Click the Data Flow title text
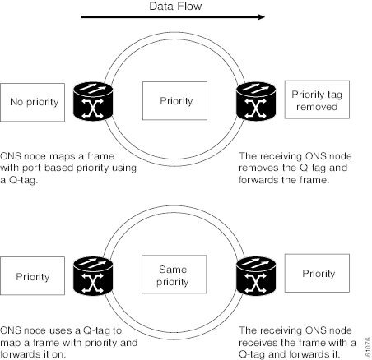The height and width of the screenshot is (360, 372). [x=175, y=6]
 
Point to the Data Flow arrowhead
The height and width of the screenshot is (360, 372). [x=262, y=17]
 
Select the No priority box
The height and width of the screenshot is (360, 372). [x=32, y=103]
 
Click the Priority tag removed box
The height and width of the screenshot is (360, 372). [x=317, y=99]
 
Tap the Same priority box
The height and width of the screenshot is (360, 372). [x=174, y=275]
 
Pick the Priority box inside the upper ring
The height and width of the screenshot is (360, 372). [x=174, y=101]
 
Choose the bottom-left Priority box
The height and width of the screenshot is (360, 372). [x=32, y=276]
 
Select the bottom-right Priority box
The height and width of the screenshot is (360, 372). [x=317, y=273]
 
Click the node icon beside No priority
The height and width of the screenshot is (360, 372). [x=93, y=102]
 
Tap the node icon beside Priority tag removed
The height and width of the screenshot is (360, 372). [x=256, y=101]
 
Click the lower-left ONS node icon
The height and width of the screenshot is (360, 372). [x=93, y=276]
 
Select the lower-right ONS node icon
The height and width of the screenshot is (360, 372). [x=256, y=275]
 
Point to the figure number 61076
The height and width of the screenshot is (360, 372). [x=368, y=347]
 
